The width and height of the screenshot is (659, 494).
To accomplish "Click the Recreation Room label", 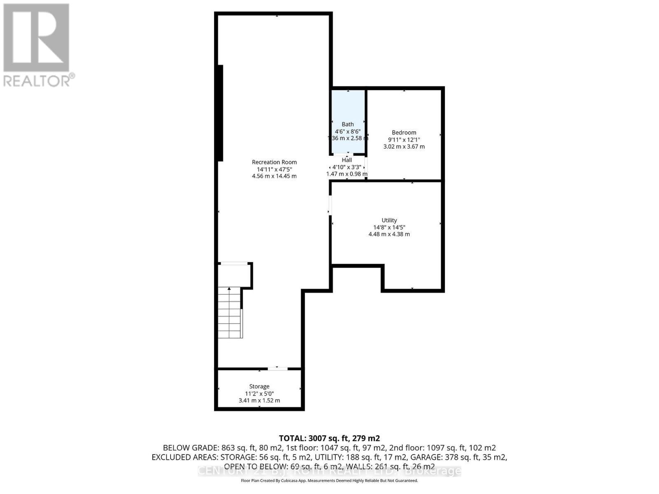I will [274, 162].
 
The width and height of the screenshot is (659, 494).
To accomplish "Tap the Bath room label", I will [348, 124].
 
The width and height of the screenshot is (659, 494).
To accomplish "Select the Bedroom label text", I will [404, 133].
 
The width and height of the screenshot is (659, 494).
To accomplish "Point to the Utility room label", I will [389, 220].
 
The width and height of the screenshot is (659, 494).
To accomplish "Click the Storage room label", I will [259, 387].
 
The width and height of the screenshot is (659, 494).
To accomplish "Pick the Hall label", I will [347, 160].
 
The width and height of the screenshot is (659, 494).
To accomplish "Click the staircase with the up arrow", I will [230, 313].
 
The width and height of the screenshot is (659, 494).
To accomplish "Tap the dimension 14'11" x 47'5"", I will [274, 169].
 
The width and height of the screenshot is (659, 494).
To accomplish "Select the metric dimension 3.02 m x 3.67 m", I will [404, 147].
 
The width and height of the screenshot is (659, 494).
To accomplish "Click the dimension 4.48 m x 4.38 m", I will [389, 234].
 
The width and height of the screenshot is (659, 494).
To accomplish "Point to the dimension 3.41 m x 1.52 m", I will [259, 401].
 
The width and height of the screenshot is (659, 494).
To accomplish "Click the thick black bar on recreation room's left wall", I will [220, 113].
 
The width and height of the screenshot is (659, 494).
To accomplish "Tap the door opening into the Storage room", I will [278, 369].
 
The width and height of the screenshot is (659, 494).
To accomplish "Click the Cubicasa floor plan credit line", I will [329, 481].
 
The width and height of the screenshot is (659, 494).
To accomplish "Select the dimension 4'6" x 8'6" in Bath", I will [348, 131].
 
